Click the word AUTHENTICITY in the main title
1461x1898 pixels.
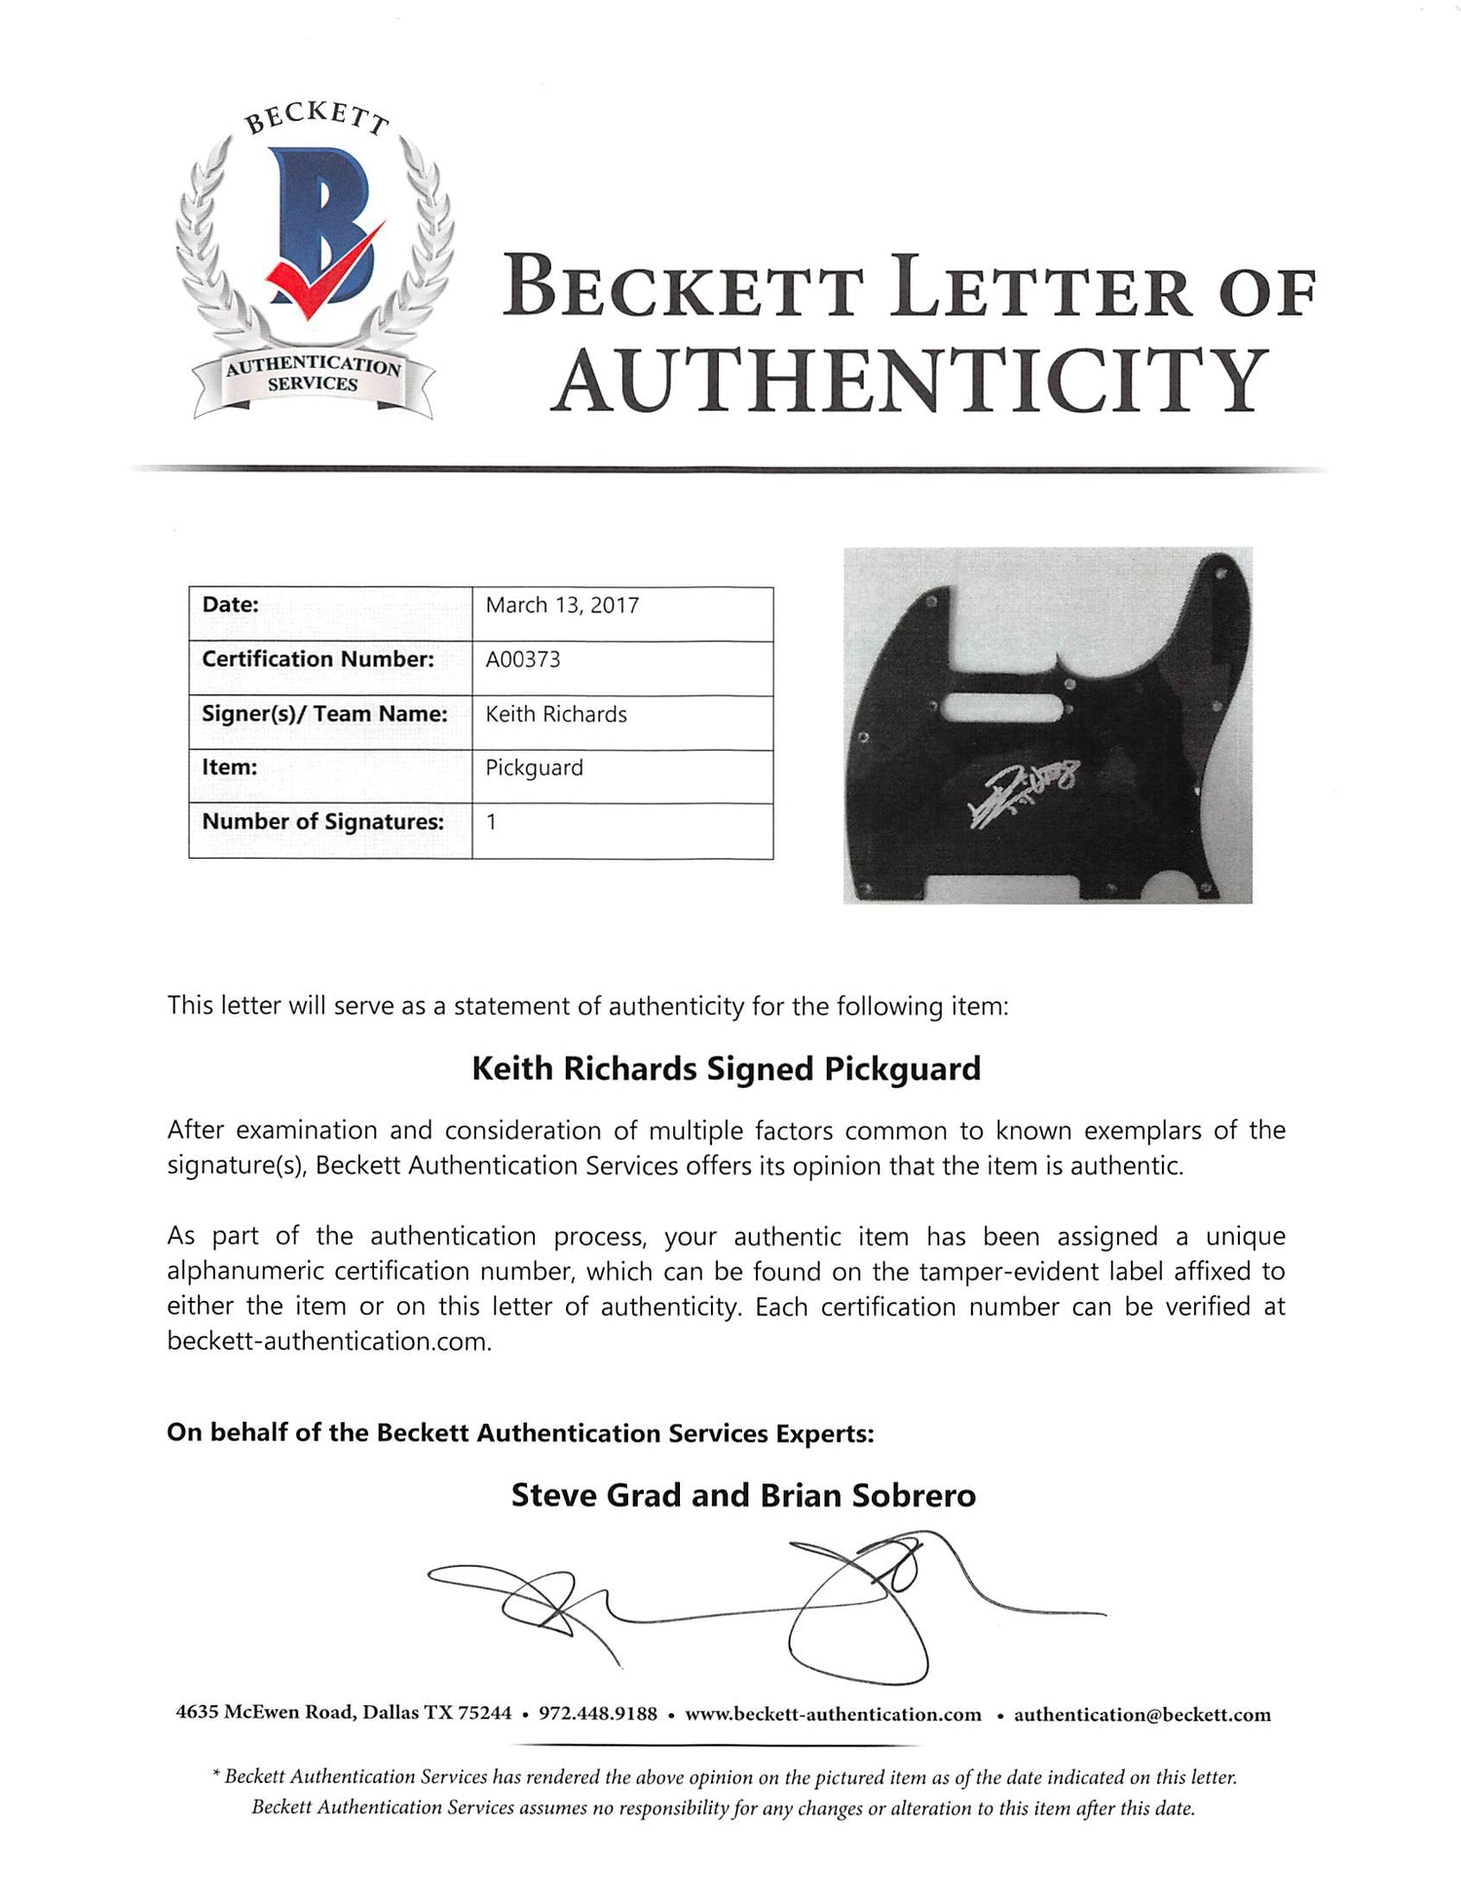tap(911, 381)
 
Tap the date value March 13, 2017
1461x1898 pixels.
tap(562, 606)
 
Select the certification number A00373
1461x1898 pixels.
tap(523, 659)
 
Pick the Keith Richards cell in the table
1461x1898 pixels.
tap(556, 714)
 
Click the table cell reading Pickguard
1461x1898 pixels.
tap(534, 767)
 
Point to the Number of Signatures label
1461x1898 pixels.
tap(322, 822)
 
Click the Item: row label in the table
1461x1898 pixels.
tap(230, 767)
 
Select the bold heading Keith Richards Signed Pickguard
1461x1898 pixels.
tap(726, 1068)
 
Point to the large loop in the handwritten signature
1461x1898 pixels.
tap(857, 1641)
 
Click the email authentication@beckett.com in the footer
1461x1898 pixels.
tap(1142, 1715)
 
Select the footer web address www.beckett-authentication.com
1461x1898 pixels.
tap(833, 1715)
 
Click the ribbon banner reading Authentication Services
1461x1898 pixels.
tap(313, 375)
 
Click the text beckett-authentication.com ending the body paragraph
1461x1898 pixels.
tap(329, 1341)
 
